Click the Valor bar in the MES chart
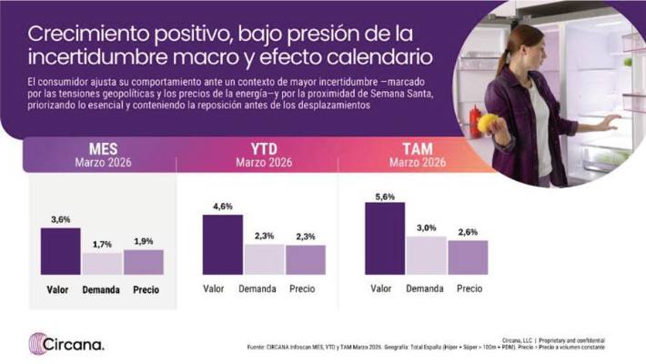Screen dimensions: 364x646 pos(61,251)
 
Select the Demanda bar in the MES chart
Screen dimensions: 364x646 pos(102,263)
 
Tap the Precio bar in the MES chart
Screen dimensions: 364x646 pos(143,262)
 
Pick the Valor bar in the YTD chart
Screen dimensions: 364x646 pos(222,244)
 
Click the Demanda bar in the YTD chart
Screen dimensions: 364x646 pos(264,258)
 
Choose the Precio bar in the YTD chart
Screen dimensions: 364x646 pos(305,259)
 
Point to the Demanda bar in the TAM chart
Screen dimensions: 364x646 pos(426,255)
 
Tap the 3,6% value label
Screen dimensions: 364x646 pos(61,220)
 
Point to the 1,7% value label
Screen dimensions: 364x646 pos(102,245)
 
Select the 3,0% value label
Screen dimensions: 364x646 pos(426,228)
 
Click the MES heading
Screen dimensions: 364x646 pos(102,148)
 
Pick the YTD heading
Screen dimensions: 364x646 pos(263,148)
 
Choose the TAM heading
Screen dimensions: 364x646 pos(418,148)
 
